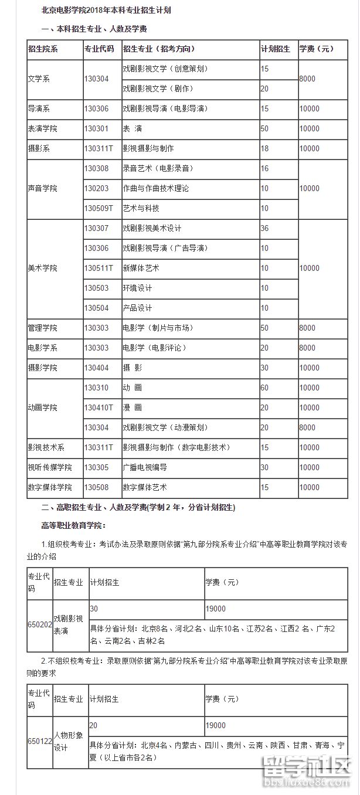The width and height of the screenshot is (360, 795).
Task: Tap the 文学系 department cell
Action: pyautogui.click(x=43, y=79)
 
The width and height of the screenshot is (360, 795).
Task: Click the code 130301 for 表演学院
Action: pyautogui.click(x=96, y=128)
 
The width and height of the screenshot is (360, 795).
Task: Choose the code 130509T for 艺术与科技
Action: pyautogui.click(x=99, y=208)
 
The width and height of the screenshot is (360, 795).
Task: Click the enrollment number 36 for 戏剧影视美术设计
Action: pyautogui.click(x=264, y=228)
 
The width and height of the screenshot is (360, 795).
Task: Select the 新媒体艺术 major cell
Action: pyautogui.click(x=141, y=268)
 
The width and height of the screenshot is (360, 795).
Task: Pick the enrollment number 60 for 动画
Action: pyautogui.click(x=264, y=388)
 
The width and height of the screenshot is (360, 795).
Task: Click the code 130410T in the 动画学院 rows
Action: pyautogui.click(x=99, y=407)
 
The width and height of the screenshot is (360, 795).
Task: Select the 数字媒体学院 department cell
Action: pyautogui.click(x=50, y=487)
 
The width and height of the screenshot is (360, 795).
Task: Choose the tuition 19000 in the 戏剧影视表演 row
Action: pyautogui.click(x=215, y=609)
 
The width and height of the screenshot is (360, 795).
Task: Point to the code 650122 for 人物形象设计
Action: pyautogui.click(x=39, y=741)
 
